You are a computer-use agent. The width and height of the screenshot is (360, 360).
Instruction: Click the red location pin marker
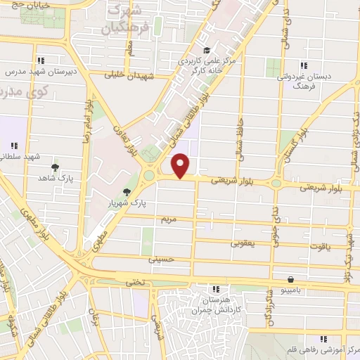[181, 165]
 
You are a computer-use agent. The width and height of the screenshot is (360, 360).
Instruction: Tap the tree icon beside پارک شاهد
[55, 167]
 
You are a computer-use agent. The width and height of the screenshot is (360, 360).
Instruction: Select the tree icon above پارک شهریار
[127, 191]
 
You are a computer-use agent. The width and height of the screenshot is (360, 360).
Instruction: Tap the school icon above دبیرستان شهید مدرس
[41, 60]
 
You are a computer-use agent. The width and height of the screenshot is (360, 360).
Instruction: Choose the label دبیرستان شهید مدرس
[40, 72]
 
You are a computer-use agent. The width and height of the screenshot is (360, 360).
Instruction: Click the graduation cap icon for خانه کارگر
[206, 51]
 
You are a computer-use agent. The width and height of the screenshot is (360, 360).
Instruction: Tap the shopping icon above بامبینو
[291, 278]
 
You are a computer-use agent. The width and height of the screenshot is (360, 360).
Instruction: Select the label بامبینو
[290, 290]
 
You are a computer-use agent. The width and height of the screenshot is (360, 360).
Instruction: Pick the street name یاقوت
[320, 247]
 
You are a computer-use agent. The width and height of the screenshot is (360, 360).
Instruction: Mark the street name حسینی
[161, 259]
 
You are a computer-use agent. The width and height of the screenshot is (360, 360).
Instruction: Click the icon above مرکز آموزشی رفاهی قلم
[323, 338]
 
